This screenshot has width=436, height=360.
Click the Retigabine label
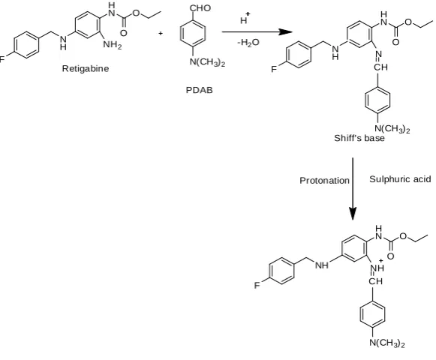86,69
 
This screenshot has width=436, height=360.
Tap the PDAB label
199,90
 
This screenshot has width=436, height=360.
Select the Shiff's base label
359,138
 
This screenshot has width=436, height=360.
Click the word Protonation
324,181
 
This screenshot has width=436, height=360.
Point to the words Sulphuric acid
400,179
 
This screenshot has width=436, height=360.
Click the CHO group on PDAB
200,8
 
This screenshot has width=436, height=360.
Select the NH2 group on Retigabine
113,44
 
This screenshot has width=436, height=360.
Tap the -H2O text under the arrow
248,43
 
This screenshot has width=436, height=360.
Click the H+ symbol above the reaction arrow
245,18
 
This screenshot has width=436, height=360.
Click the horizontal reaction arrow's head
286,31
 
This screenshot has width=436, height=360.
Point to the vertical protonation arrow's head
353,214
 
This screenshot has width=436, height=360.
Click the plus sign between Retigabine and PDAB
161,33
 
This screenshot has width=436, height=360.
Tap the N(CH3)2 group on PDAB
207,62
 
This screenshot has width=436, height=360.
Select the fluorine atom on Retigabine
2,59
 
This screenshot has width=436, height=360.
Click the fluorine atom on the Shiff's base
274,69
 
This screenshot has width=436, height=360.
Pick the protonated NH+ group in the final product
378,266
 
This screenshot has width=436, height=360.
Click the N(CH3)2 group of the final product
387,343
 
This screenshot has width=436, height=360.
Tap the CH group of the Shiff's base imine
380,67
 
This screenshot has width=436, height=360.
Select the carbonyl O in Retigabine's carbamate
124,33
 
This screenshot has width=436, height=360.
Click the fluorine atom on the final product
257,285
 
